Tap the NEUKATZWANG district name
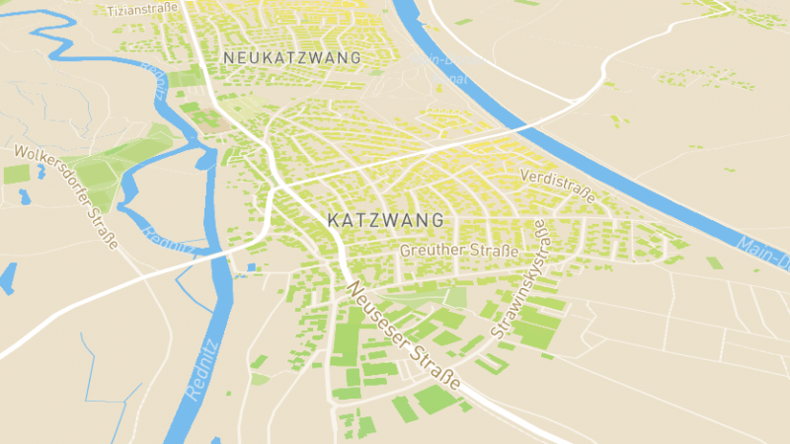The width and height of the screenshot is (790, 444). [292, 58]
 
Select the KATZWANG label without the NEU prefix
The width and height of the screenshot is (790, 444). [385, 218]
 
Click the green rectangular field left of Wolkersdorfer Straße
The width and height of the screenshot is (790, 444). [16, 175]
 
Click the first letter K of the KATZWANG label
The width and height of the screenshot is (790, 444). [331, 218]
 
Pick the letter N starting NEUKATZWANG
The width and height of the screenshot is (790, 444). [229, 58]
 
